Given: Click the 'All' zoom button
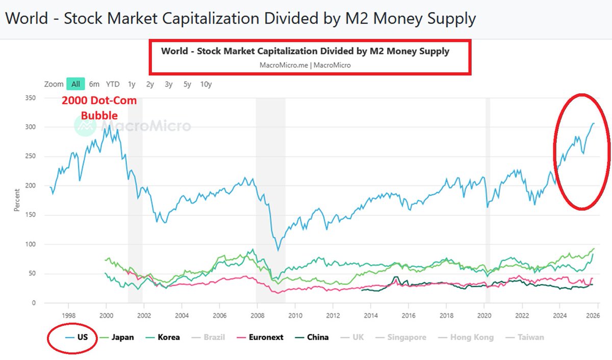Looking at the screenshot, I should point(75,84).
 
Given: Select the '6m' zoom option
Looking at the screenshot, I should point(94,84).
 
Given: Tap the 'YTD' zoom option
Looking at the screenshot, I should point(113,84).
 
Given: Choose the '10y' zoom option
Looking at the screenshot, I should point(206,84).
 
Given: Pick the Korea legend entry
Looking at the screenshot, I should point(163,337).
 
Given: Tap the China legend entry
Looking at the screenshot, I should point(311,337).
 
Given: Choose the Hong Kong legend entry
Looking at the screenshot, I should point(466,337).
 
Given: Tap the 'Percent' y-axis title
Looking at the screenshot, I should point(17,200).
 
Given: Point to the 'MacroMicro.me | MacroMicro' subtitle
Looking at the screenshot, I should point(305,65).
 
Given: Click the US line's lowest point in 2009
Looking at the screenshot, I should point(278,250).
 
